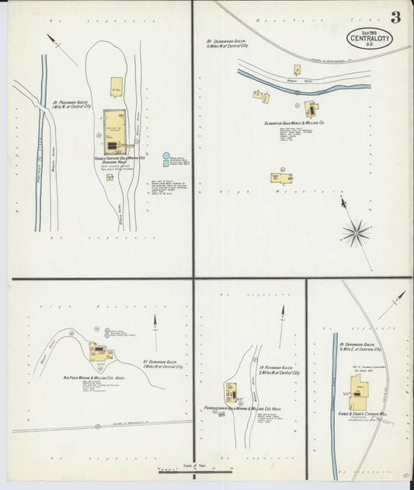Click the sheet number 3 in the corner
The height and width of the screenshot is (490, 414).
[x=395, y=16]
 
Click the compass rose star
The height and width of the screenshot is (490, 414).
[x=357, y=231]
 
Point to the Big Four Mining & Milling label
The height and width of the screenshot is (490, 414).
[x=96, y=377]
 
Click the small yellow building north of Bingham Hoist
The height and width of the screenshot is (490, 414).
[x=117, y=86]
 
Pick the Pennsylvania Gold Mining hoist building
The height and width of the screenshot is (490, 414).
[x=231, y=391]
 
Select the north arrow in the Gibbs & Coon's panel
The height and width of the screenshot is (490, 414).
[x=392, y=304]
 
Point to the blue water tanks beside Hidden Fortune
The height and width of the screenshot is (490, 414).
[x=165, y=160]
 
